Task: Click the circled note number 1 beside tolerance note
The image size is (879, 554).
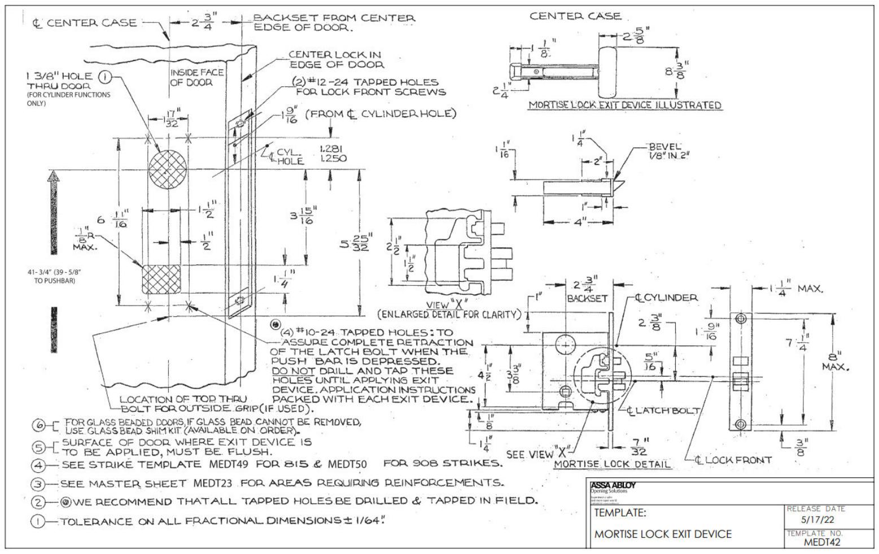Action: [38, 522]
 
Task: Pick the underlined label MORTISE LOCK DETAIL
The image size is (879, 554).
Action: [613, 464]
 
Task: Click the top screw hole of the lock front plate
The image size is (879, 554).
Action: [741, 319]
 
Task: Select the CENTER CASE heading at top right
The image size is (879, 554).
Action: [575, 16]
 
